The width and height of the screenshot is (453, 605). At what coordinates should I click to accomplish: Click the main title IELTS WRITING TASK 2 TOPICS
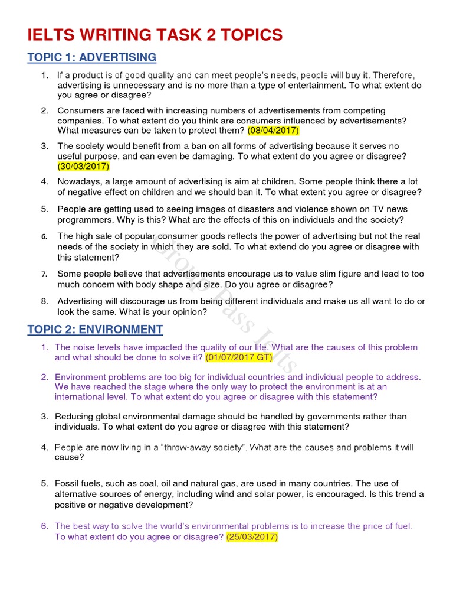155,35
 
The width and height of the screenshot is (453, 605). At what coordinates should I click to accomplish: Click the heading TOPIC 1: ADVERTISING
92,57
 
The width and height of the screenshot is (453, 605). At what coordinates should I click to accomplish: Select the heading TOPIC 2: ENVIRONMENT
95,329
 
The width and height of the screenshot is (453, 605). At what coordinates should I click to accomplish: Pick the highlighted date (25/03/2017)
252,537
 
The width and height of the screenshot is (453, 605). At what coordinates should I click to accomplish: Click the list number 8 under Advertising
44,301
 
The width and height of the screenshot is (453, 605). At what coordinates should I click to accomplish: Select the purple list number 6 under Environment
44,526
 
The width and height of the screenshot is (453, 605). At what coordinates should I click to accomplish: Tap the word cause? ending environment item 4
70,457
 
